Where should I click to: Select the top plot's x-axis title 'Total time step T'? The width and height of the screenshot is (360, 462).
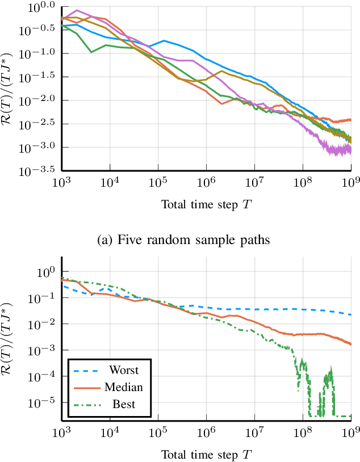[205, 205]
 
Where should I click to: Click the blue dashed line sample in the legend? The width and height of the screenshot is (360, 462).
[87, 371]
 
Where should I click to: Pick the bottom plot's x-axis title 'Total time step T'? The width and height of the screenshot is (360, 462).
[205, 455]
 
